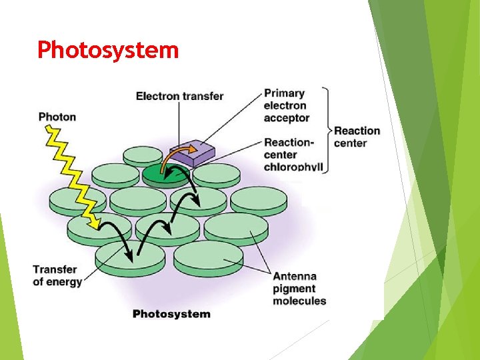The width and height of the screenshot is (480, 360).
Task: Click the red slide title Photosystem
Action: pyautogui.click(x=108, y=50)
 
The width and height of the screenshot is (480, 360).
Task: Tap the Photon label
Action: pyautogui.click(x=57, y=117)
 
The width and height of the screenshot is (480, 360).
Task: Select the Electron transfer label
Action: pyautogui.click(x=179, y=96)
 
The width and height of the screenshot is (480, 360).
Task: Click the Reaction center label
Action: pyautogui.click(x=357, y=137)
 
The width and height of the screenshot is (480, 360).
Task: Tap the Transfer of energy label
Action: pyautogui.click(x=57, y=275)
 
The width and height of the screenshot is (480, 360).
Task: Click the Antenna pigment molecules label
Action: pyautogui.click(x=299, y=288)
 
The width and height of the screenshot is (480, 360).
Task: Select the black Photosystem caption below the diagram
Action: pyautogui.click(x=171, y=313)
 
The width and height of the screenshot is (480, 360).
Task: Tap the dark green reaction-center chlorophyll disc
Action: pyautogui.click(x=165, y=175)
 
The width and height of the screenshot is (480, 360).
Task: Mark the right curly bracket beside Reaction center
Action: pyautogui.click(x=325, y=130)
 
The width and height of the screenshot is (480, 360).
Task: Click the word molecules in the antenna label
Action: pyautogui.click(x=299, y=301)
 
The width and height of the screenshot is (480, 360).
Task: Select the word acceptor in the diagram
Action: pyautogui.click(x=287, y=118)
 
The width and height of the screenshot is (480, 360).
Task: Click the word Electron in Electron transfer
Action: pyautogui.click(x=157, y=96)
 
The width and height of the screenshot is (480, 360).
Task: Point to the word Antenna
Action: pyautogui.click(x=295, y=276)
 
